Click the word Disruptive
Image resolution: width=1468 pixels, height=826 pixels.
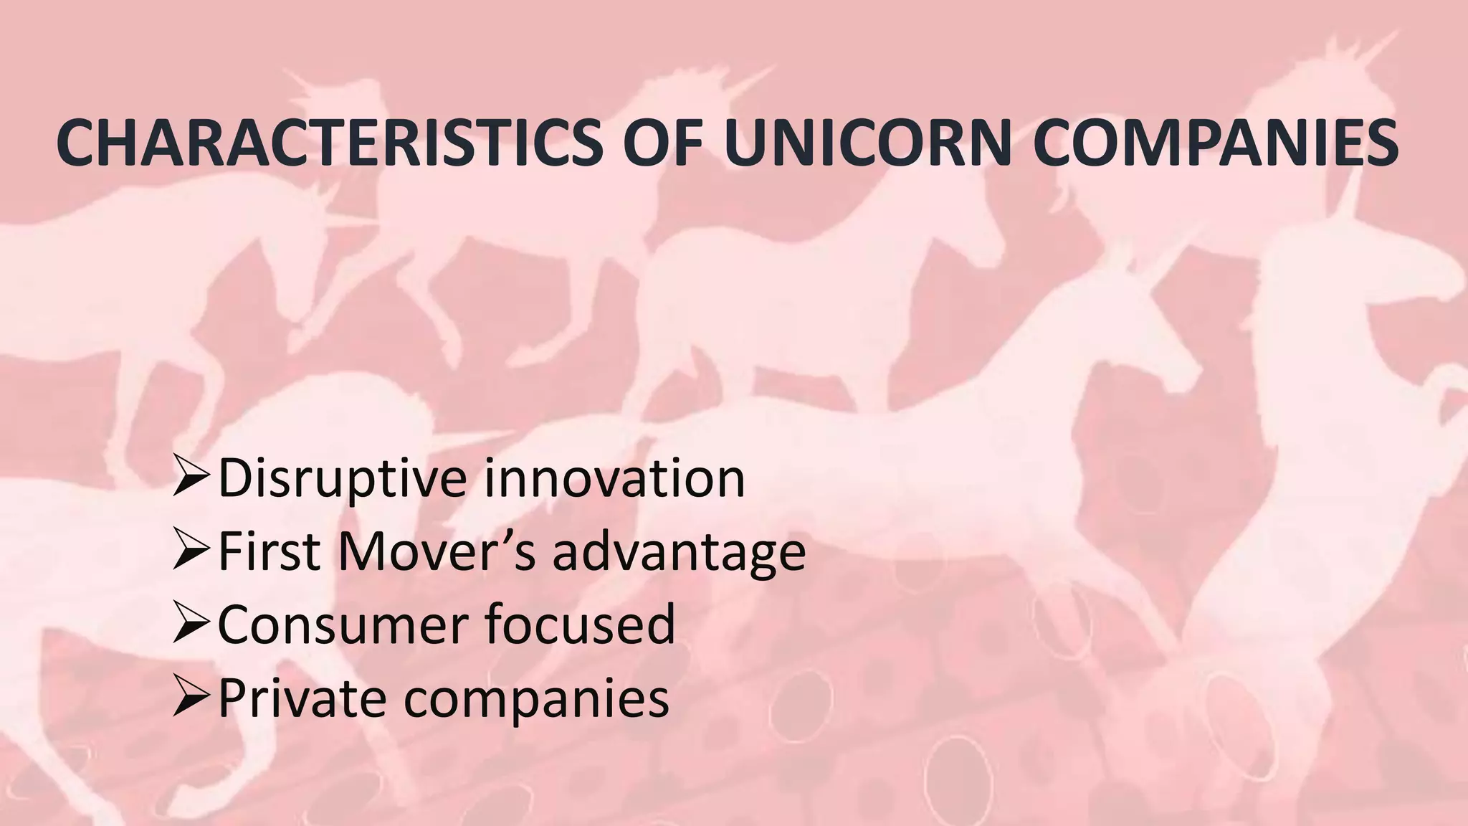pyautogui.click(x=343, y=478)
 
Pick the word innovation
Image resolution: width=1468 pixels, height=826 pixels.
pyautogui.click(x=615, y=478)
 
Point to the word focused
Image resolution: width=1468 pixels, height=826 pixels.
pyautogui.click(x=580, y=625)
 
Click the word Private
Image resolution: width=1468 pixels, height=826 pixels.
pyautogui.click(x=299, y=698)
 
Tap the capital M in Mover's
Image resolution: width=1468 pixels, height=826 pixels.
pyautogui.click(x=363, y=551)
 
